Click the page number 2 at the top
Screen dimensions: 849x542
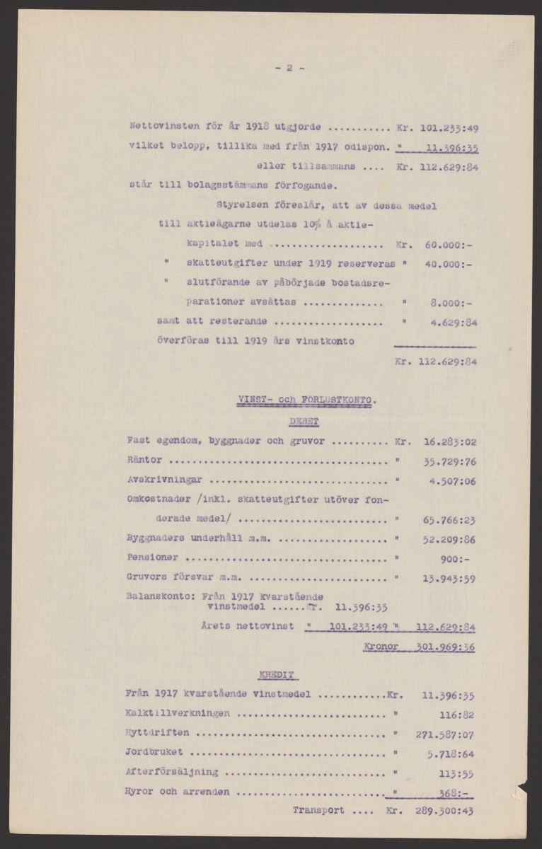[289, 68]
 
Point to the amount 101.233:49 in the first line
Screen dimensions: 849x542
[449, 129]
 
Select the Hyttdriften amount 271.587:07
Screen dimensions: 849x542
[439, 732]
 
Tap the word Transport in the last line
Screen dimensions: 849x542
[318, 811]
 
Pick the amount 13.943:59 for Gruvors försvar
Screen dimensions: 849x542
[449, 577]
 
